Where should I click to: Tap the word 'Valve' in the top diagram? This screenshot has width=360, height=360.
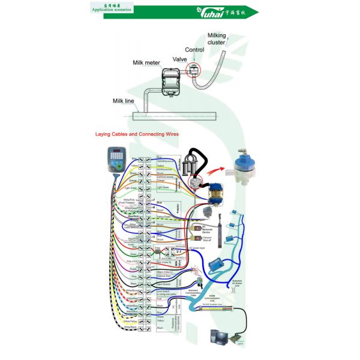(181, 59)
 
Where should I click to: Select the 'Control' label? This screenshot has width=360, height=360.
(194, 50)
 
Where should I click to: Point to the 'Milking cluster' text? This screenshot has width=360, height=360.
(217, 39)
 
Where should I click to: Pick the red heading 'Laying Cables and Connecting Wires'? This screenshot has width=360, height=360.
(137, 134)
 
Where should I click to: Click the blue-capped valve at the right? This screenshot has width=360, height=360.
(242, 167)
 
